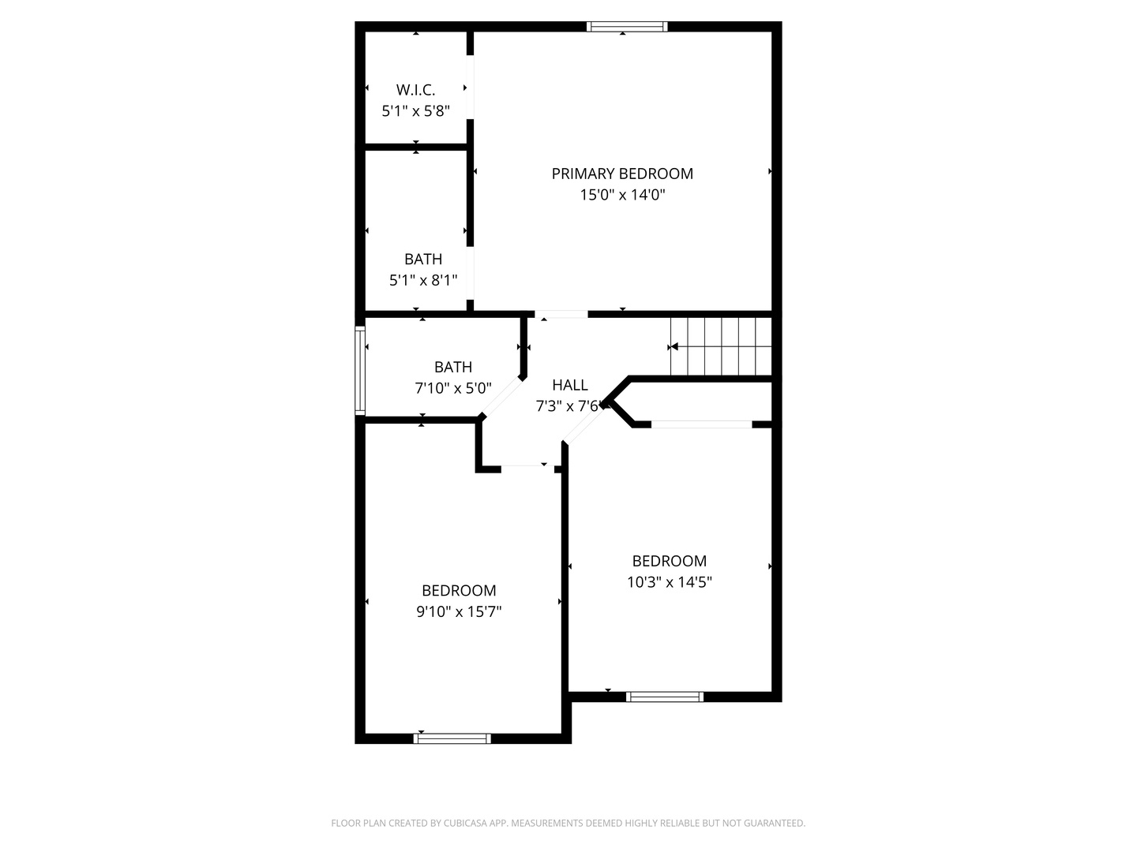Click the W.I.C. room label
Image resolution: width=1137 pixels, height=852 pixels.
[415, 90]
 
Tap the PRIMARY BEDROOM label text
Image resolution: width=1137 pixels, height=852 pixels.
[622, 174]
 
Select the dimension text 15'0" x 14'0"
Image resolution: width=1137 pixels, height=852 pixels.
[622, 195]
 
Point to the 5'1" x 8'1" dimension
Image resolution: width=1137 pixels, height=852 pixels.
[423, 280]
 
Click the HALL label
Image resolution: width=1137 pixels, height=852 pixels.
[569, 385]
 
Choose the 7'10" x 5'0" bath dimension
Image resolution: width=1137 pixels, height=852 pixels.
[453, 388]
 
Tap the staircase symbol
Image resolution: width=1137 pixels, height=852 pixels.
[720, 346]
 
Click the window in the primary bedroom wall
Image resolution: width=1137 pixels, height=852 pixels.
[628, 27]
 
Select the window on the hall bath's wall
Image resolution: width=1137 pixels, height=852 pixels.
[360, 371]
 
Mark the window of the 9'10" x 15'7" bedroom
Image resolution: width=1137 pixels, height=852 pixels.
[452, 738]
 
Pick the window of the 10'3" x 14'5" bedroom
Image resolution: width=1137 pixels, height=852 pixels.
[664, 697]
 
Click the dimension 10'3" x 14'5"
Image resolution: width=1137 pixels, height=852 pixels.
[669, 582]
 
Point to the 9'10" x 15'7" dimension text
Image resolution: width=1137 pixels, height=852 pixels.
[459, 611]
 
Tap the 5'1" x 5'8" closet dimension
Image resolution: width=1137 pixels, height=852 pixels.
[415, 111]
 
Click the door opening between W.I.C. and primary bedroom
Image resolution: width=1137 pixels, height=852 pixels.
[470, 87]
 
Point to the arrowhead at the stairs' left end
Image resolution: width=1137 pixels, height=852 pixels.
[674, 346]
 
